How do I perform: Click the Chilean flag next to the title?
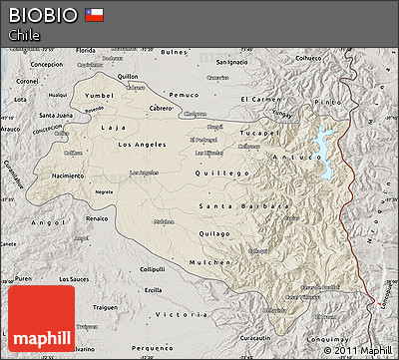(94, 14)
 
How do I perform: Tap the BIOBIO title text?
(42, 14)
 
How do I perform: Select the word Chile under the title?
(24, 35)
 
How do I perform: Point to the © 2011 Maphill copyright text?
(357, 350)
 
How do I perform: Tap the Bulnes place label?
(174, 51)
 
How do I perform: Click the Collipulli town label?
(152, 269)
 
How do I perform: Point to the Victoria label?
(173, 313)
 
